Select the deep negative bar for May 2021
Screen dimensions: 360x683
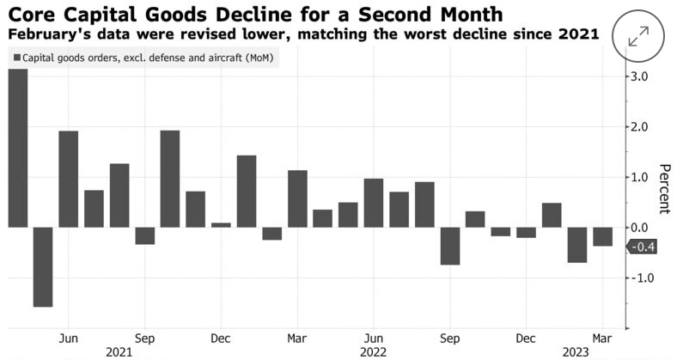(43, 266)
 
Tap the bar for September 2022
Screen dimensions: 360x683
(450, 246)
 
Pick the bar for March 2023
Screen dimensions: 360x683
(602, 236)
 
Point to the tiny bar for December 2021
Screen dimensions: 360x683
(221, 224)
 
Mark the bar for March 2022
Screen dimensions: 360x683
(297, 198)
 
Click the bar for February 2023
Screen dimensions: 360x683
(576, 245)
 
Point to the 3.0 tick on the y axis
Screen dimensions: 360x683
(641, 76)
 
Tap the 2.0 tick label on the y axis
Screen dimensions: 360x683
(641, 127)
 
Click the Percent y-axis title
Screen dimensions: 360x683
(664, 188)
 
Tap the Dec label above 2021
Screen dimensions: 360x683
(221, 337)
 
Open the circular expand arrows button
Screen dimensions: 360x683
(638, 37)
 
